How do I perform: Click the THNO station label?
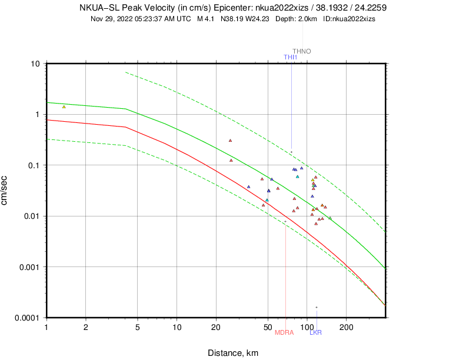301,52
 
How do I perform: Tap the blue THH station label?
290,57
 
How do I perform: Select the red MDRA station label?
284,333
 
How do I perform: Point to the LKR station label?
316,333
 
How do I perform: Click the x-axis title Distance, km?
232,353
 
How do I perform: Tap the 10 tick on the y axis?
35,64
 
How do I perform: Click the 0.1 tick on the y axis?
33,165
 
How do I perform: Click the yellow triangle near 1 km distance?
64,106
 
